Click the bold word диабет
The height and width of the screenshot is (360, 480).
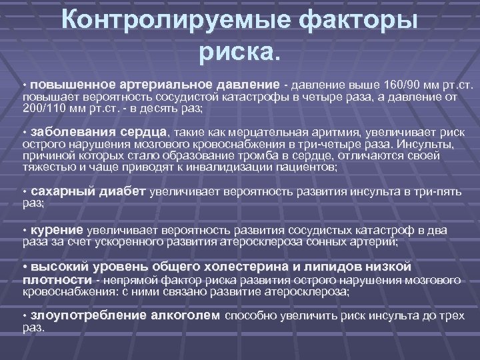point(122,191)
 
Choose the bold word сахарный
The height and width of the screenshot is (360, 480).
point(63,191)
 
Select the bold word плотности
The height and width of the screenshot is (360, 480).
point(57,279)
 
